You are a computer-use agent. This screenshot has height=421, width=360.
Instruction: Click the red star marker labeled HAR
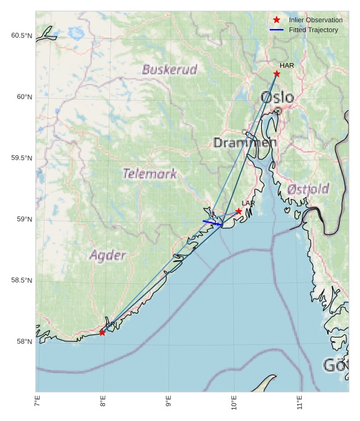click(277, 74)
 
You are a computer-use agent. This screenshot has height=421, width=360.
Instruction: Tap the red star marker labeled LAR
click(238, 211)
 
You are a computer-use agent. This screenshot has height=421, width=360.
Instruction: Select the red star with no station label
click(102, 333)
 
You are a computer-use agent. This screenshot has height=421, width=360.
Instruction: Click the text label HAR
click(287, 66)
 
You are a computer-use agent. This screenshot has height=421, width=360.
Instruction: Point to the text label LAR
click(248, 203)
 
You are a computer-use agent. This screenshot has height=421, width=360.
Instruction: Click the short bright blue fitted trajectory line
click(212, 223)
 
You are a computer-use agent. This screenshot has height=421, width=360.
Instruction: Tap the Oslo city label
click(277, 98)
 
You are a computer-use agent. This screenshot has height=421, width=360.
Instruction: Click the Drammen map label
click(245, 143)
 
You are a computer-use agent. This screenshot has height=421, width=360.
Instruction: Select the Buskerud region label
click(169, 69)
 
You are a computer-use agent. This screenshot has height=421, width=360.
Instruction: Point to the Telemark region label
click(150, 174)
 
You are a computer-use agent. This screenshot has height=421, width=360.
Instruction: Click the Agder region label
click(108, 255)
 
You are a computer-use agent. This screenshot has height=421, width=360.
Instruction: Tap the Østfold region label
click(308, 189)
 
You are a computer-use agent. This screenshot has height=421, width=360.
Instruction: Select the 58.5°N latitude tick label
click(22, 281)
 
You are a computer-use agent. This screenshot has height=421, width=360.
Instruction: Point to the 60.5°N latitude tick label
click(22, 36)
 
